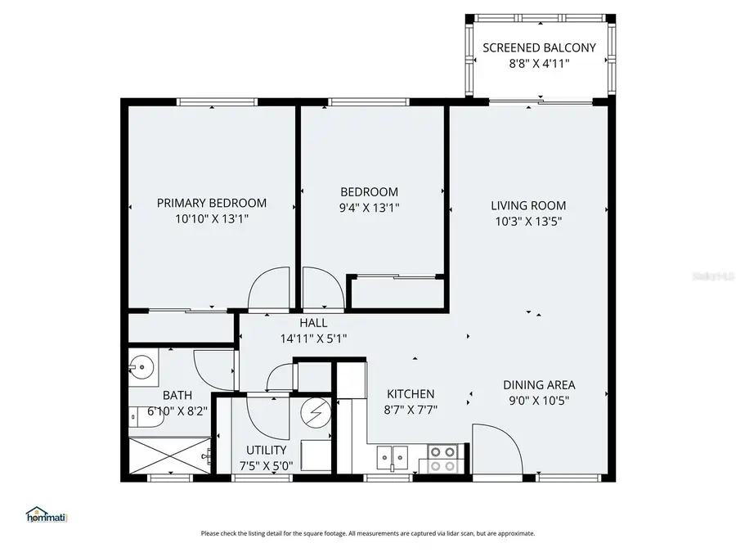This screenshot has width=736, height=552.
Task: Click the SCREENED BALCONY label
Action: click(x=538, y=47)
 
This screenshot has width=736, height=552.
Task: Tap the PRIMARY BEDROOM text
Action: click(x=212, y=203)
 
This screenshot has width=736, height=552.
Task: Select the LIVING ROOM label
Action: click(x=528, y=205)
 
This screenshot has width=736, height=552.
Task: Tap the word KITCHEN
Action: click(x=411, y=393)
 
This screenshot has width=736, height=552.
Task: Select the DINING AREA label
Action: click(x=539, y=384)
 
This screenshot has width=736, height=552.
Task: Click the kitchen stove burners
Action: click(x=442, y=458)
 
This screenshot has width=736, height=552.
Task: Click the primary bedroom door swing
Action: click(x=268, y=290)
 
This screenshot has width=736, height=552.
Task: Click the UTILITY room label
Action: click(x=267, y=450)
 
